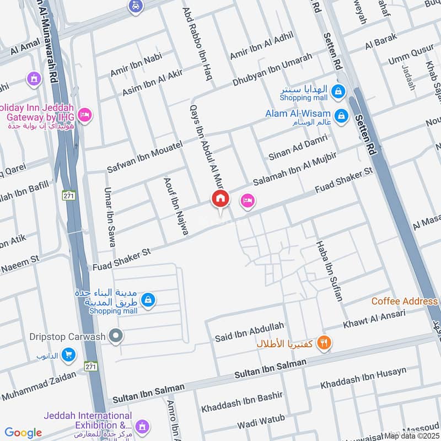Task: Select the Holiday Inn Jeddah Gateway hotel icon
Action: coord(85,115)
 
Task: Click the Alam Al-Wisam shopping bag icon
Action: coord(342,115)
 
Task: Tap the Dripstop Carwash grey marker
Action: coord(115,335)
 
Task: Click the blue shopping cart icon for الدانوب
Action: coord(69,354)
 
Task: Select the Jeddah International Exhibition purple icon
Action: coord(142,426)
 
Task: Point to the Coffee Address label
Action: coord(404,302)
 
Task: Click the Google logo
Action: coord(23,433)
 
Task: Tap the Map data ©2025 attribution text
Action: coord(412,435)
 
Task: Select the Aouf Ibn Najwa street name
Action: coord(175,207)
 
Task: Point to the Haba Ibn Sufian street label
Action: coord(329,271)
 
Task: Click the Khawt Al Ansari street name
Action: coord(374,319)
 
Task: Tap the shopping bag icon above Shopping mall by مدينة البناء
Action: coord(148,300)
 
